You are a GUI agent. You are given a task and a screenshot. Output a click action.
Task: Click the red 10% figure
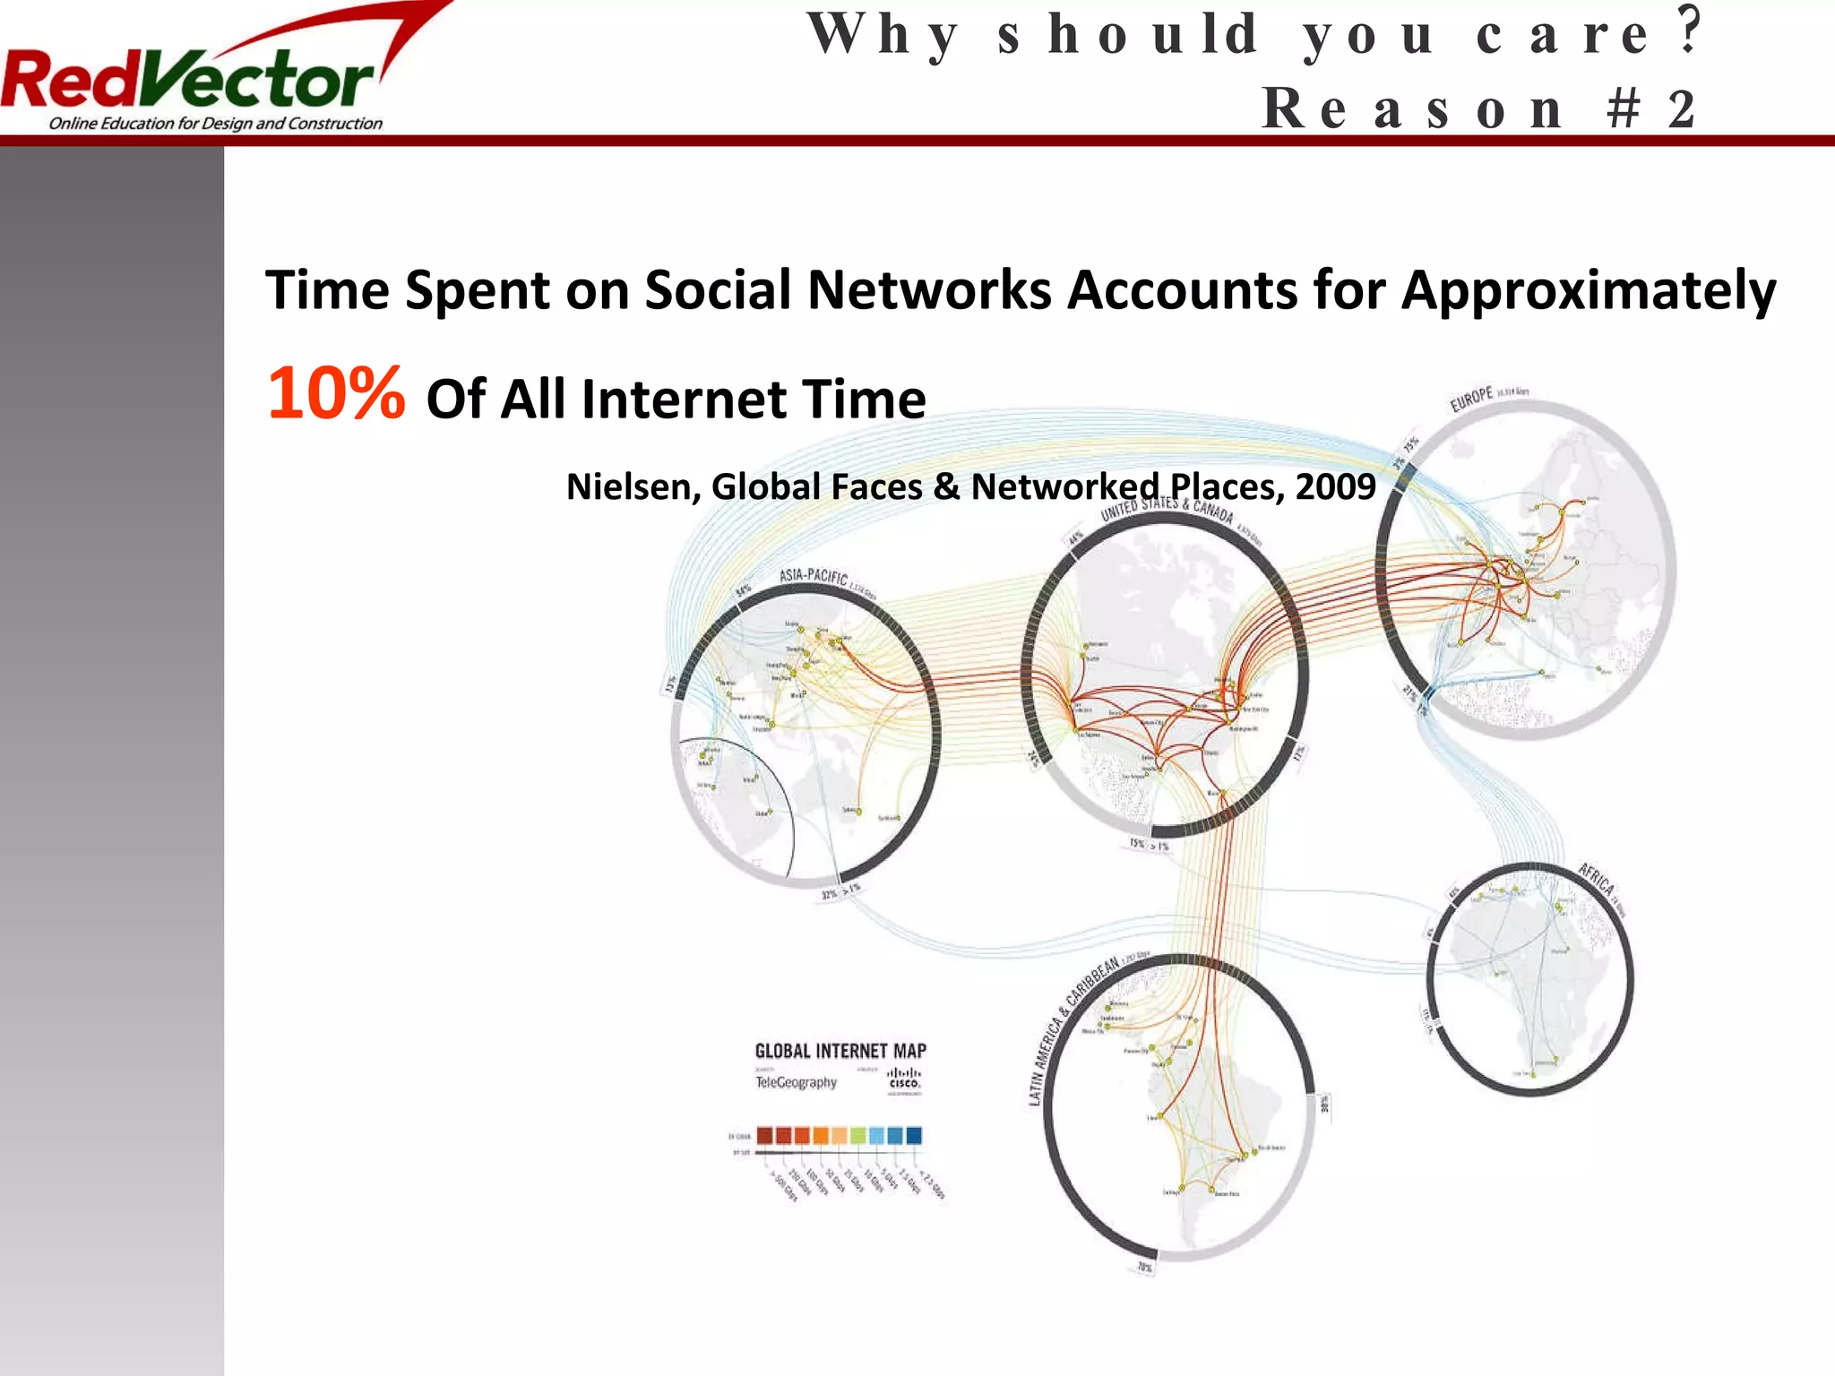click(336, 394)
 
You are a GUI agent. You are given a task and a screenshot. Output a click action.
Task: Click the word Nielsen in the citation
click(632, 487)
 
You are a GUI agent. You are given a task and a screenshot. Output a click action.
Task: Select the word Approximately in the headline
click(1588, 291)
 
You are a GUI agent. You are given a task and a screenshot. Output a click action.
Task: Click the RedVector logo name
click(188, 81)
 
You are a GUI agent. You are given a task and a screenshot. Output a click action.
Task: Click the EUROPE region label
click(1471, 399)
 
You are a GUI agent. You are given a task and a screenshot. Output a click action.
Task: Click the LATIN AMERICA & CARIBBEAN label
click(1073, 1030)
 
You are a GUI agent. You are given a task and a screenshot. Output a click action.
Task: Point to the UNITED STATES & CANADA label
click(1167, 509)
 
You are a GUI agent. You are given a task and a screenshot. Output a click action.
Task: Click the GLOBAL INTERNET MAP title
click(840, 1051)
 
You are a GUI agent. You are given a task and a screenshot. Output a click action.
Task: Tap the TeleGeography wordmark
click(796, 1082)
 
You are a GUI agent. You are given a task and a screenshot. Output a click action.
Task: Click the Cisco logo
click(904, 1079)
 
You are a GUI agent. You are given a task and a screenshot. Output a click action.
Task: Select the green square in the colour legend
click(857, 1135)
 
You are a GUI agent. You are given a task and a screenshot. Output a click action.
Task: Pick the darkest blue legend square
click(913, 1135)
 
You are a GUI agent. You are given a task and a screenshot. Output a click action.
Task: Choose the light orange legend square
click(839, 1135)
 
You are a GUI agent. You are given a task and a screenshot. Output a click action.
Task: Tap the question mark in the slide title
click(1690, 32)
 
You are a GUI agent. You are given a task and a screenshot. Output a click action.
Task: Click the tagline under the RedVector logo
click(215, 124)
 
